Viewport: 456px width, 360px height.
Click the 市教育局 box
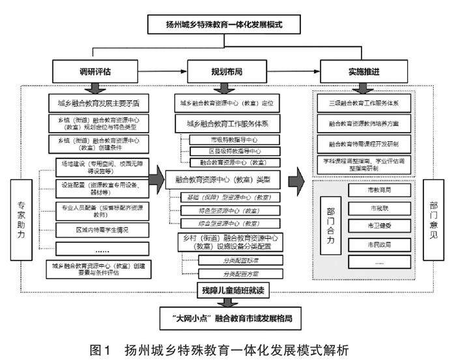(379, 190)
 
